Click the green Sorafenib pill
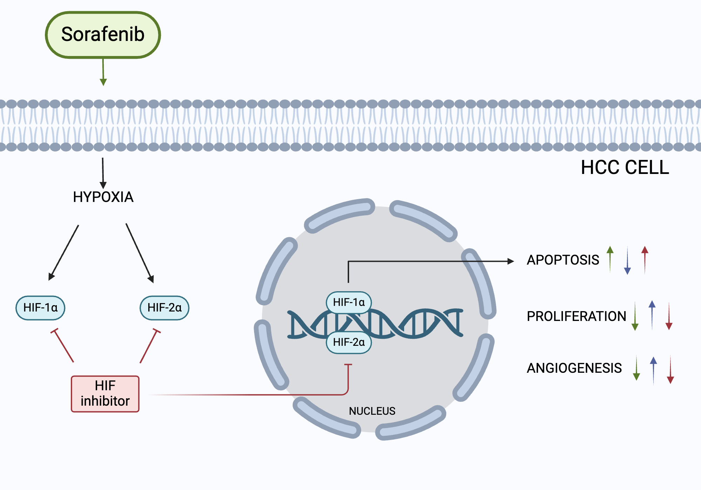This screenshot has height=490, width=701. click(x=103, y=35)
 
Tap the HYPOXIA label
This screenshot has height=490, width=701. click(x=103, y=197)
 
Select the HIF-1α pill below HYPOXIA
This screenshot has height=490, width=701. click(x=40, y=308)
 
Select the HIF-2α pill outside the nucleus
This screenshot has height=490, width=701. click(x=164, y=308)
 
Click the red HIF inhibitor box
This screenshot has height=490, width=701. click(x=105, y=394)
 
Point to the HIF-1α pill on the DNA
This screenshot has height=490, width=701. click(x=349, y=302)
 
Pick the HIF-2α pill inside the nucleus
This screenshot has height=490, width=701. click(x=349, y=342)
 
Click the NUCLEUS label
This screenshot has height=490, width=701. click(x=372, y=411)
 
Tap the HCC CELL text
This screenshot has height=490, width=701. click(x=625, y=167)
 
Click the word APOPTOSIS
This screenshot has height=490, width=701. click(x=563, y=260)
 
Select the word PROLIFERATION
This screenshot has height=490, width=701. click(x=576, y=316)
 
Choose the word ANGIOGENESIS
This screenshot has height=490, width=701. click(x=574, y=368)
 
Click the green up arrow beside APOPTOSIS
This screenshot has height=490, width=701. click(x=610, y=259)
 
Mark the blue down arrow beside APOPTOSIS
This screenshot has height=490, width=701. click(x=627, y=261)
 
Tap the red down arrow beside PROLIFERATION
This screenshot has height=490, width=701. click(x=669, y=316)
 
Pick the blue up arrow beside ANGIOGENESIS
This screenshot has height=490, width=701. click(x=653, y=370)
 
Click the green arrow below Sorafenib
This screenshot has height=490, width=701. click(x=103, y=72)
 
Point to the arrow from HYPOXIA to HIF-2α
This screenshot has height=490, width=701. click(x=139, y=253)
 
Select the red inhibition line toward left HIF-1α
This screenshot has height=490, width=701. click(x=63, y=345)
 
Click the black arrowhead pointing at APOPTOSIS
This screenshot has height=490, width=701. click(x=511, y=261)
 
